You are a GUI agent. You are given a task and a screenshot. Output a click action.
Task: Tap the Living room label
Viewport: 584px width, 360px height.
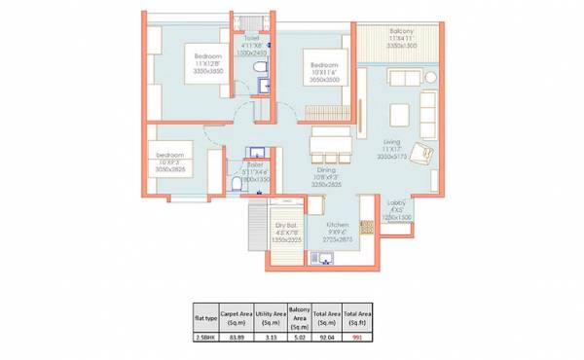[392, 140]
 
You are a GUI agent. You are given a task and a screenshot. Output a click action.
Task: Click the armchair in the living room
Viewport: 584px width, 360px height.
[421, 154]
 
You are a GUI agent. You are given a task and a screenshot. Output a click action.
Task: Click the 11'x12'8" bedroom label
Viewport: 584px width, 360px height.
[209, 57]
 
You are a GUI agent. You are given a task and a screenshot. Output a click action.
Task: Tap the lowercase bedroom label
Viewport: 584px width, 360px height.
[171, 154]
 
